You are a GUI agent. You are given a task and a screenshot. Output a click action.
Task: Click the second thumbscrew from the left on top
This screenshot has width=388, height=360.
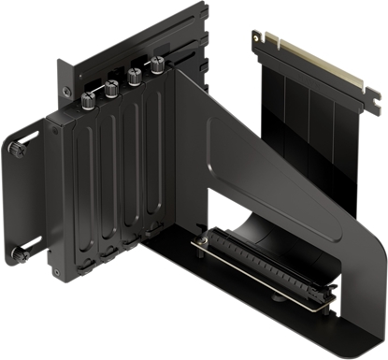tap(111, 90)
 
